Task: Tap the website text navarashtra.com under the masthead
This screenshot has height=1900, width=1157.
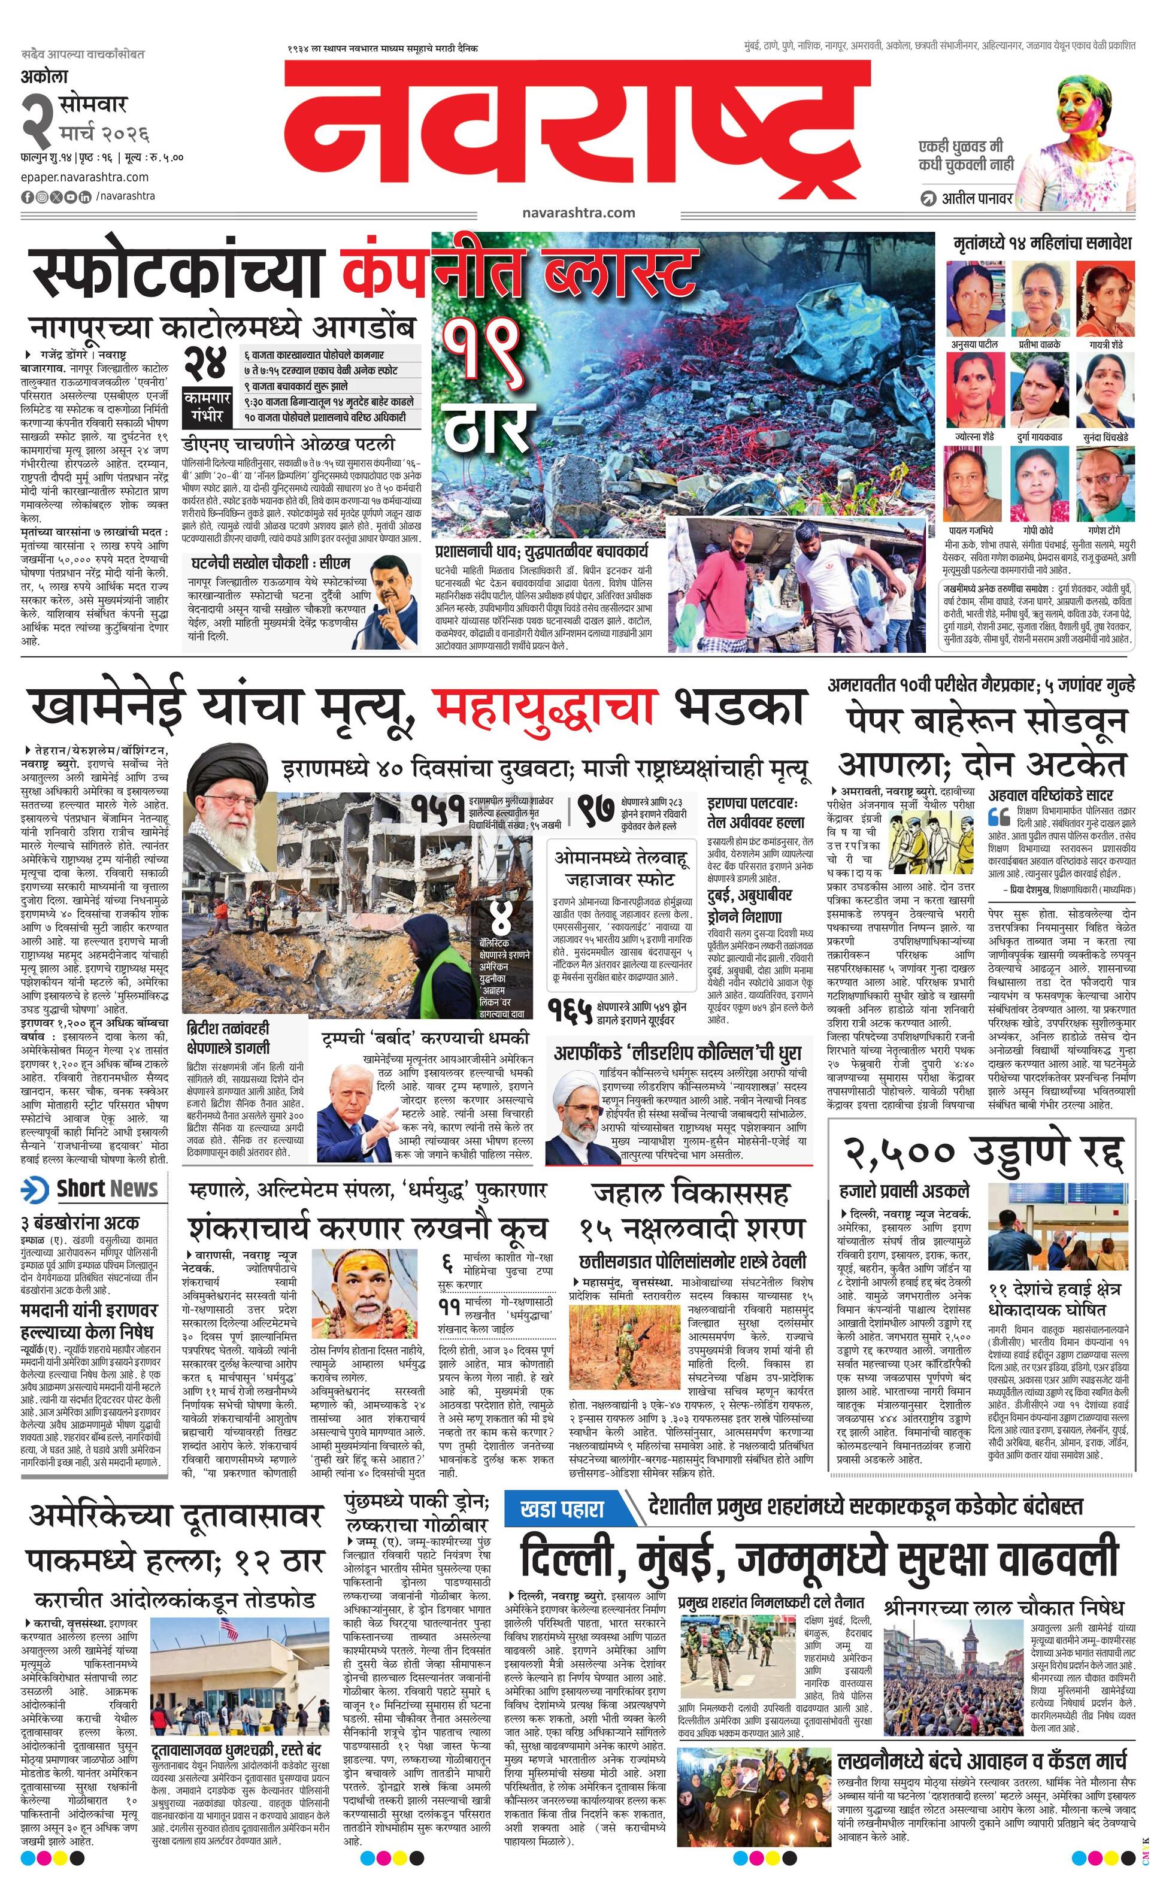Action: click(x=578, y=212)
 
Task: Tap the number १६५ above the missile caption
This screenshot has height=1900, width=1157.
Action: click(x=571, y=1010)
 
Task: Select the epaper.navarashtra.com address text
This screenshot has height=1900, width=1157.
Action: click(x=74, y=177)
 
